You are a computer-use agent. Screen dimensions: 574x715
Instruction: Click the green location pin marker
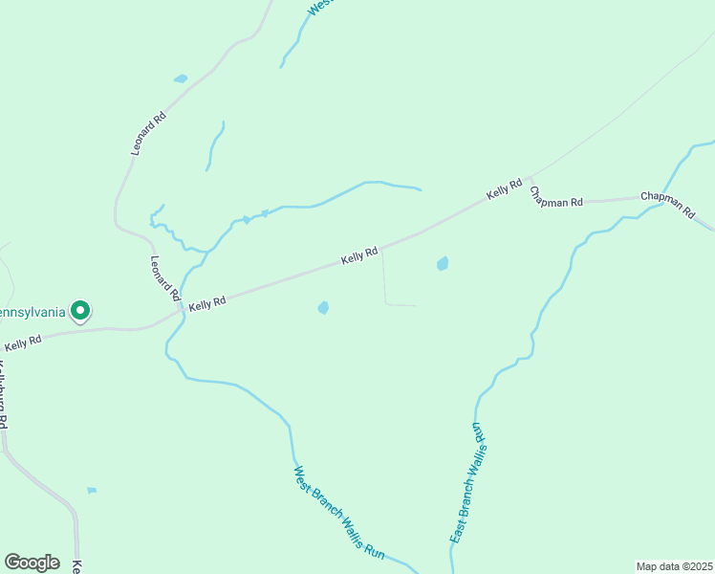point(81,311)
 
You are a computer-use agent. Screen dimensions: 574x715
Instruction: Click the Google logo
point(32,563)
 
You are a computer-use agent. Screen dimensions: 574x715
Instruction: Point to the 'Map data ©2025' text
point(674,566)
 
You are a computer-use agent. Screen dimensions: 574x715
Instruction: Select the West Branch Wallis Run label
point(338,512)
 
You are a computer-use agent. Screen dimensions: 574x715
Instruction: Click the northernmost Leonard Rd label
point(149,134)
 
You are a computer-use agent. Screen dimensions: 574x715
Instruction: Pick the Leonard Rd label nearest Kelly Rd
point(165,278)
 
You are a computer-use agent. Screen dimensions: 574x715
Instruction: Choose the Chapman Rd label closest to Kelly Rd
point(557,197)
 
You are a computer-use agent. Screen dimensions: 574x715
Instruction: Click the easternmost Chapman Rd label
point(668,204)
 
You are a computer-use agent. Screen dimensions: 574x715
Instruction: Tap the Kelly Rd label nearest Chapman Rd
point(504,189)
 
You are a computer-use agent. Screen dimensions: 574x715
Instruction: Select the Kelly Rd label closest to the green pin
point(23,342)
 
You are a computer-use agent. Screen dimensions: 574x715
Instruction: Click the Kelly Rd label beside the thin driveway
point(360,254)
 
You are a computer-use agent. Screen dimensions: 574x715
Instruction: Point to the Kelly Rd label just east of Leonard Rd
point(206,303)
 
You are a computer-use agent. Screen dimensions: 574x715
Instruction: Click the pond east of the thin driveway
point(442,263)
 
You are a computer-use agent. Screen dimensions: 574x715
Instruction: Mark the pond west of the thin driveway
point(323,308)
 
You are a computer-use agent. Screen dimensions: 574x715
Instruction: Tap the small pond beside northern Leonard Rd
point(181,78)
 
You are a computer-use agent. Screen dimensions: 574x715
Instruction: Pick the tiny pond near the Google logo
point(92,491)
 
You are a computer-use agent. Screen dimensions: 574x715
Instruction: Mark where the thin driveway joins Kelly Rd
point(381,247)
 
